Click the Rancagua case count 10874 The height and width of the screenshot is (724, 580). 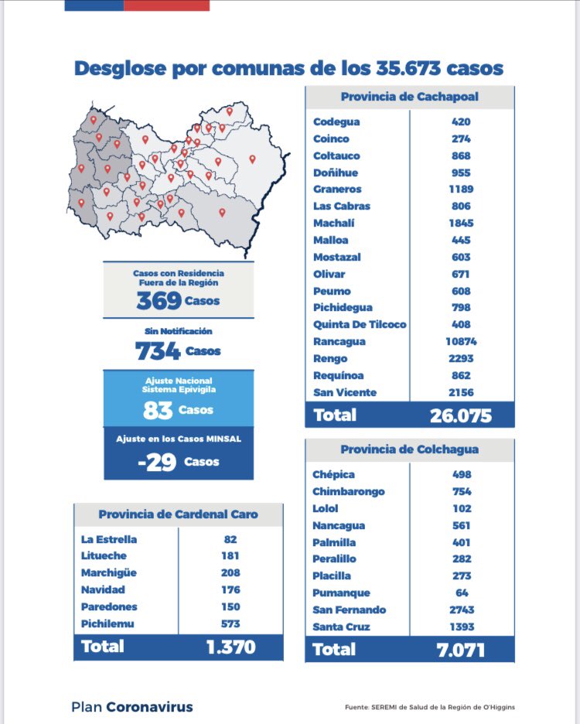[x=461, y=342]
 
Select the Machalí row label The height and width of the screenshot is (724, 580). [x=334, y=223]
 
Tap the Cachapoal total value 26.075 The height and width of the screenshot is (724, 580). [x=461, y=415]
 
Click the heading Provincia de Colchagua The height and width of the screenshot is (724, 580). [x=410, y=449]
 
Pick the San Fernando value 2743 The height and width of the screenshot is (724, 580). [x=462, y=610]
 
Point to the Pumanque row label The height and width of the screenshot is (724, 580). [x=341, y=593]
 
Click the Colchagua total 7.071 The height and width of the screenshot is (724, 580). [x=461, y=650]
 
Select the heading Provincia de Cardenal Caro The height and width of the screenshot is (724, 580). [x=178, y=514]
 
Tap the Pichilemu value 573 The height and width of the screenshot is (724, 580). [x=230, y=623]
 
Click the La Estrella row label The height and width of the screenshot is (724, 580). [x=109, y=539]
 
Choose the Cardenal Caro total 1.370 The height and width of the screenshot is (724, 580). [x=231, y=647]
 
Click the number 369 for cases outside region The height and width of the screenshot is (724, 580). [x=159, y=301]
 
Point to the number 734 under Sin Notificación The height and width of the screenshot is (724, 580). [x=158, y=351]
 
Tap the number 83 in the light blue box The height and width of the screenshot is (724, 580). [x=158, y=410]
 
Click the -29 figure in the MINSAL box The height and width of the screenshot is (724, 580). [x=157, y=462]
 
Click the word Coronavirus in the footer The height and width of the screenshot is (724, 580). [x=149, y=707]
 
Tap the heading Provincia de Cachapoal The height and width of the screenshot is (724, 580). [x=410, y=97]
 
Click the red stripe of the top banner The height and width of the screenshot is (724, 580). [x=167, y=5]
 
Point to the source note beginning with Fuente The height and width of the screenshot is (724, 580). [x=430, y=707]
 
